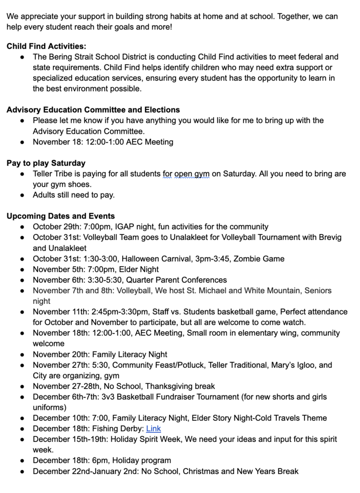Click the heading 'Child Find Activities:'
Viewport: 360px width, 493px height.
46,46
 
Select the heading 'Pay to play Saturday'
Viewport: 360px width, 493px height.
46,163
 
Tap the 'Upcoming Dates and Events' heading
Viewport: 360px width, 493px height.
61,216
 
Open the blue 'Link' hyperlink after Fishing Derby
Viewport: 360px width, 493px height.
154,428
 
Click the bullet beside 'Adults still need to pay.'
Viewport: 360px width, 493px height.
23,195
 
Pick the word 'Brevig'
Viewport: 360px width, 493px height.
327,237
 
